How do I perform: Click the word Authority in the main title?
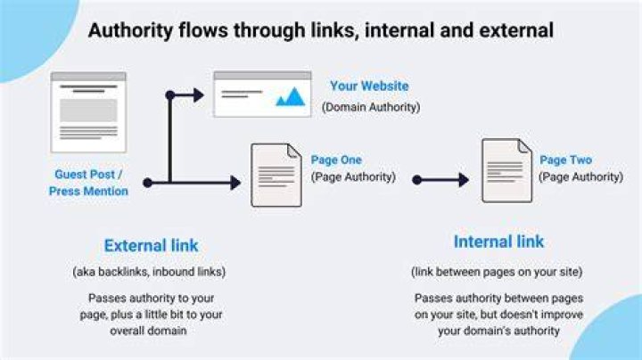pyautogui.click(x=130, y=31)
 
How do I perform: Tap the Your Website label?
pyautogui.click(x=369, y=86)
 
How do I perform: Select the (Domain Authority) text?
pyautogui.click(x=371, y=107)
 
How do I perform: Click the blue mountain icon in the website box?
pyautogui.click(x=291, y=97)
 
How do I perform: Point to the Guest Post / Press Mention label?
pyautogui.click(x=88, y=183)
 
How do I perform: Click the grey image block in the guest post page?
pyautogui.click(x=88, y=110)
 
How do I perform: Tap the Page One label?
pyautogui.click(x=336, y=160)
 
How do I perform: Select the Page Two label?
pyautogui.click(x=566, y=160)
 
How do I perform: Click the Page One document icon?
pyautogui.click(x=276, y=175)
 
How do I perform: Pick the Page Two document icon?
pyautogui.click(x=506, y=170)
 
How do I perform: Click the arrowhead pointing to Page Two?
pyautogui.click(x=464, y=180)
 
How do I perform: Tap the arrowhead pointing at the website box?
pyautogui.click(x=199, y=95)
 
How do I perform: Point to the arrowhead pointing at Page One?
pyautogui.click(x=235, y=183)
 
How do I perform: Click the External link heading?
pyautogui.click(x=151, y=245)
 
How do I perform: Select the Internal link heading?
pyautogui.click(x=498, y=241)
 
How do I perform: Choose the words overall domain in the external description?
pyautogui.click(x=148, y=331)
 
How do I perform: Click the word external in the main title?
pyautogui.click(x=497, y=31)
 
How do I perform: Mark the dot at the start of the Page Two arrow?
pyautogui.click(x=416, y=180)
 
